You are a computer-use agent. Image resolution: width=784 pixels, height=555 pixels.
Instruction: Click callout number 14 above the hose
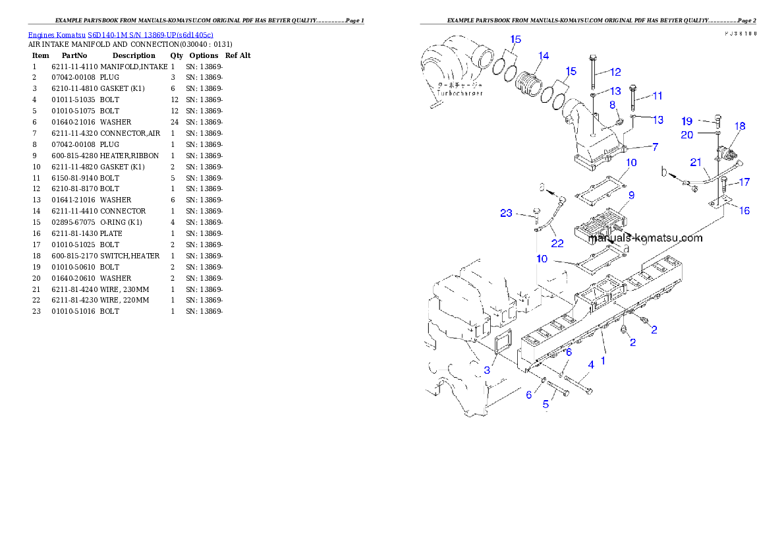[543, 56]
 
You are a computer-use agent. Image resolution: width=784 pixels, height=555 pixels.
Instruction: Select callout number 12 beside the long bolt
[615, 72]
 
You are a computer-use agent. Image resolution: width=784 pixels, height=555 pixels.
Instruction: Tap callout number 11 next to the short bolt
[657, 96]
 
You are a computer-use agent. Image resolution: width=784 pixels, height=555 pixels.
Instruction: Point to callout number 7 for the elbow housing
[655, 147]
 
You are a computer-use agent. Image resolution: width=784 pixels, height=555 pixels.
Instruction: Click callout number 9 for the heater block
[631, 195]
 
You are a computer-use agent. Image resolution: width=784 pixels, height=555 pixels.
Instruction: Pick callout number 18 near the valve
[740, 126]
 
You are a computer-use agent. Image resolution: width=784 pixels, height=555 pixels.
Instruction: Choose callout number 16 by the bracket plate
[744, 211]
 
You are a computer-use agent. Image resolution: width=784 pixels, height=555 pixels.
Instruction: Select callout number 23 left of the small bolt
[506, 213]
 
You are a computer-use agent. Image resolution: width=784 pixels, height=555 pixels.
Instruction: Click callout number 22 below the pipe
[557, 243]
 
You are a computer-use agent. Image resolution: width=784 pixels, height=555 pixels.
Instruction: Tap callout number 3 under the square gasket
[487, 370]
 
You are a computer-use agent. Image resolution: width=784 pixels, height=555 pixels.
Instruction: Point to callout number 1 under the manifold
[602, 361]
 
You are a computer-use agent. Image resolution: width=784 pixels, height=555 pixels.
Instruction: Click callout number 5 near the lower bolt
[546, 403]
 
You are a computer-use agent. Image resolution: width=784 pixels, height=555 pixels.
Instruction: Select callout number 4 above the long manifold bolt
[591, 365]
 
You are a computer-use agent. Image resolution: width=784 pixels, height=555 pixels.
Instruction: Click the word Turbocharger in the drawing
[460, 94]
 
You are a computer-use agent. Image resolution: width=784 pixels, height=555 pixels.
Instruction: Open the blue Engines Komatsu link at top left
[121, 34]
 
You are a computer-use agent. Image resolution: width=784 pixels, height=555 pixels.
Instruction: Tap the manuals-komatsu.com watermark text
[646, 239]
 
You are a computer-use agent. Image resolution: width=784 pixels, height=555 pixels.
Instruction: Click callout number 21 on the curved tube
[696, 162]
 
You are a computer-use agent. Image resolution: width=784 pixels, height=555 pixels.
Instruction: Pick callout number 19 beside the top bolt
[687, 121]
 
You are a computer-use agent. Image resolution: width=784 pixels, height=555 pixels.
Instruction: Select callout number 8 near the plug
[612, 105]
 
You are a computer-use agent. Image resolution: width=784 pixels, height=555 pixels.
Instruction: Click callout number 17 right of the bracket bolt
[744, 182]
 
